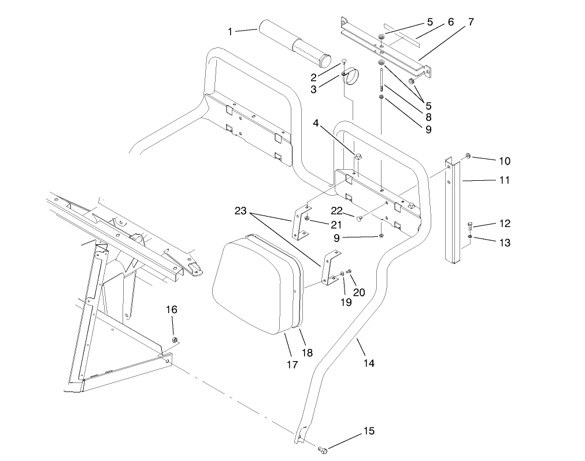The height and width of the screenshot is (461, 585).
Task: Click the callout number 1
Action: [231, 31]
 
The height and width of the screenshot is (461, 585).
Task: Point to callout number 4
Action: [317, 123]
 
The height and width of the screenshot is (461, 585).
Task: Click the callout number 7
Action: [471, 22]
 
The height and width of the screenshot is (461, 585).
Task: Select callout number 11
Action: [504, 180]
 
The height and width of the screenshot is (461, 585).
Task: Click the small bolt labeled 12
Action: [470, 226]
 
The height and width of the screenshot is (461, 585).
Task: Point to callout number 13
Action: [504, 243]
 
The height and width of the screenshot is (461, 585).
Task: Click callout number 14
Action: [369, 363]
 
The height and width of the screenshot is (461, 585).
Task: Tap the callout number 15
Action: [368, 432]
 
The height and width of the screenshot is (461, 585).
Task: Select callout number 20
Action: [358, 292]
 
